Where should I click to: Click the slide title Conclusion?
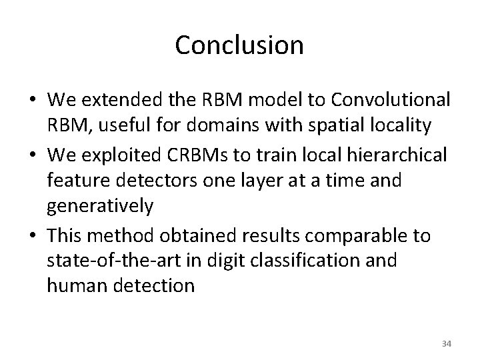[x=239, y=45]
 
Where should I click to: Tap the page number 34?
[x=447, y=344]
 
